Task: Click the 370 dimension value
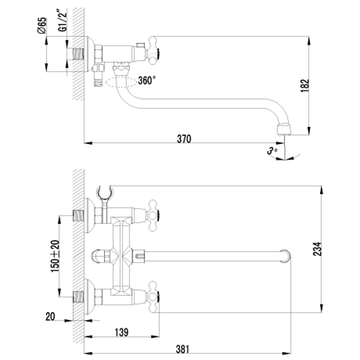coord(184,139)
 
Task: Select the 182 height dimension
coord(305,85)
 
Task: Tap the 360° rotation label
coord(147,81)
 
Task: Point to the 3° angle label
coord(272,151)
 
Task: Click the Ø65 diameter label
coord(42,25)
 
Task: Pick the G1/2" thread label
coord(63,21)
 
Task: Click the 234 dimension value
coord(317,249)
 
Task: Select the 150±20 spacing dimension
coord(55,256)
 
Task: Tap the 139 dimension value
coord(121,332)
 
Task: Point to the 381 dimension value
coord(183,350)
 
